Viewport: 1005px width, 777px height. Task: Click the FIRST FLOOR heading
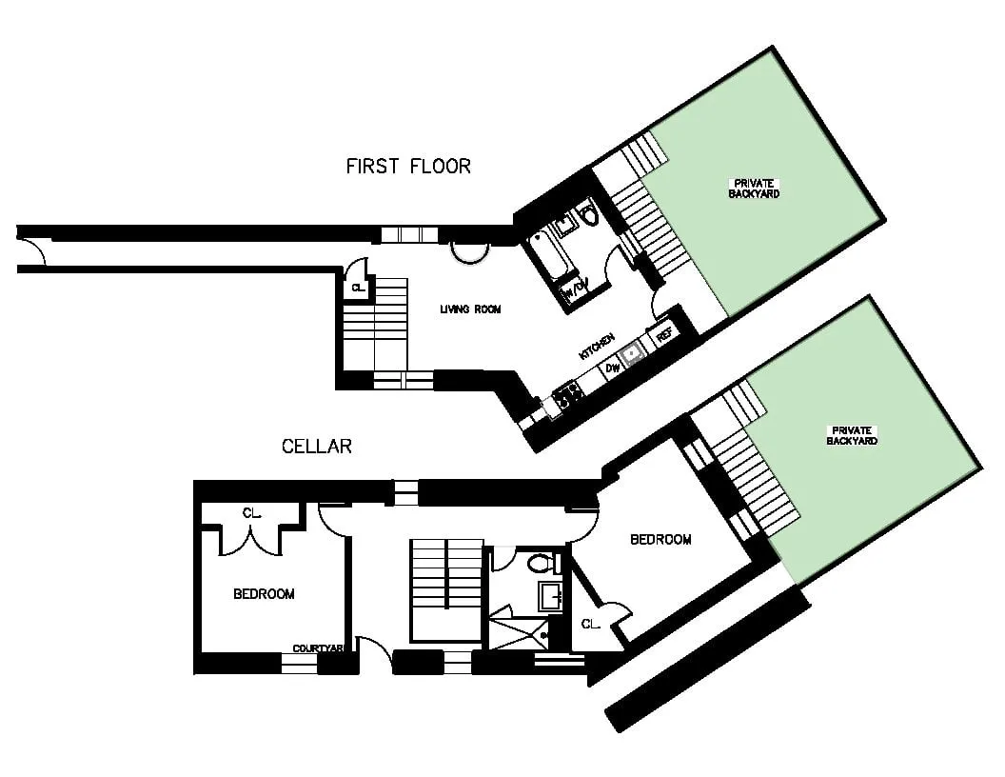[x=407, y=167]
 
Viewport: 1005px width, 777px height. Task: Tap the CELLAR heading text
[x=317, y=446]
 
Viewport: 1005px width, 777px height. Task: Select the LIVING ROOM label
[x=470, y=309]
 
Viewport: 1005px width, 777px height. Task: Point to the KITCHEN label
[x=597, y=346]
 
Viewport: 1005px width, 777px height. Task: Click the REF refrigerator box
[x=663, y=335]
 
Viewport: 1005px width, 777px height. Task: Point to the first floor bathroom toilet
[x=588, y=215]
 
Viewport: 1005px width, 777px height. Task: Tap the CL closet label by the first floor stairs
[x=358, y=288]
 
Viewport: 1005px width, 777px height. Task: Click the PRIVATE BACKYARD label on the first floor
[x=755, y=188]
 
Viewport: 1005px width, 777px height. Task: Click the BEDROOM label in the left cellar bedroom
[x=264, y=594]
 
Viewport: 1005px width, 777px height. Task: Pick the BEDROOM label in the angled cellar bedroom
[x=660, y=540]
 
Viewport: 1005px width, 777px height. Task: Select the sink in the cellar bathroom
[x=550, y=596]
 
